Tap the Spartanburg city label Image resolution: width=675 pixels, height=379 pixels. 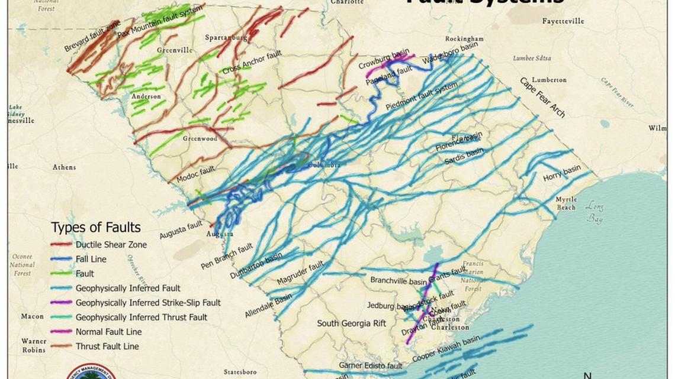point(226,38)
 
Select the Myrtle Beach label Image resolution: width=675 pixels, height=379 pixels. point(566,203)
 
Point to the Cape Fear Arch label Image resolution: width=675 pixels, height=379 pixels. point(542,97)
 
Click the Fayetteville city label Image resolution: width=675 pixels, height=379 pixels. point(562,21)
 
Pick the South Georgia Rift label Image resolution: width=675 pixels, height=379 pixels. point(351,323)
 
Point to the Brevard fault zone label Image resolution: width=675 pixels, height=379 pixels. point(92,37)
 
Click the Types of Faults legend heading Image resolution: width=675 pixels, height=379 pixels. point(96,228)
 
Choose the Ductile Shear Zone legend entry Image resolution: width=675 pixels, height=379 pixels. point(111,244)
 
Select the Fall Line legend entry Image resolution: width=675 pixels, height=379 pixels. point(90,259)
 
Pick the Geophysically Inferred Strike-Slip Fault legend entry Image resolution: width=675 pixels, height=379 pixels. point(147,303)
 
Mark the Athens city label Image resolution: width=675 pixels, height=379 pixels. point(64,167)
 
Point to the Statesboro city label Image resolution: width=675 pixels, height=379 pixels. point(240,372)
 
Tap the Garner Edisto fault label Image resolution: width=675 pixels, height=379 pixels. point(370,366)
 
